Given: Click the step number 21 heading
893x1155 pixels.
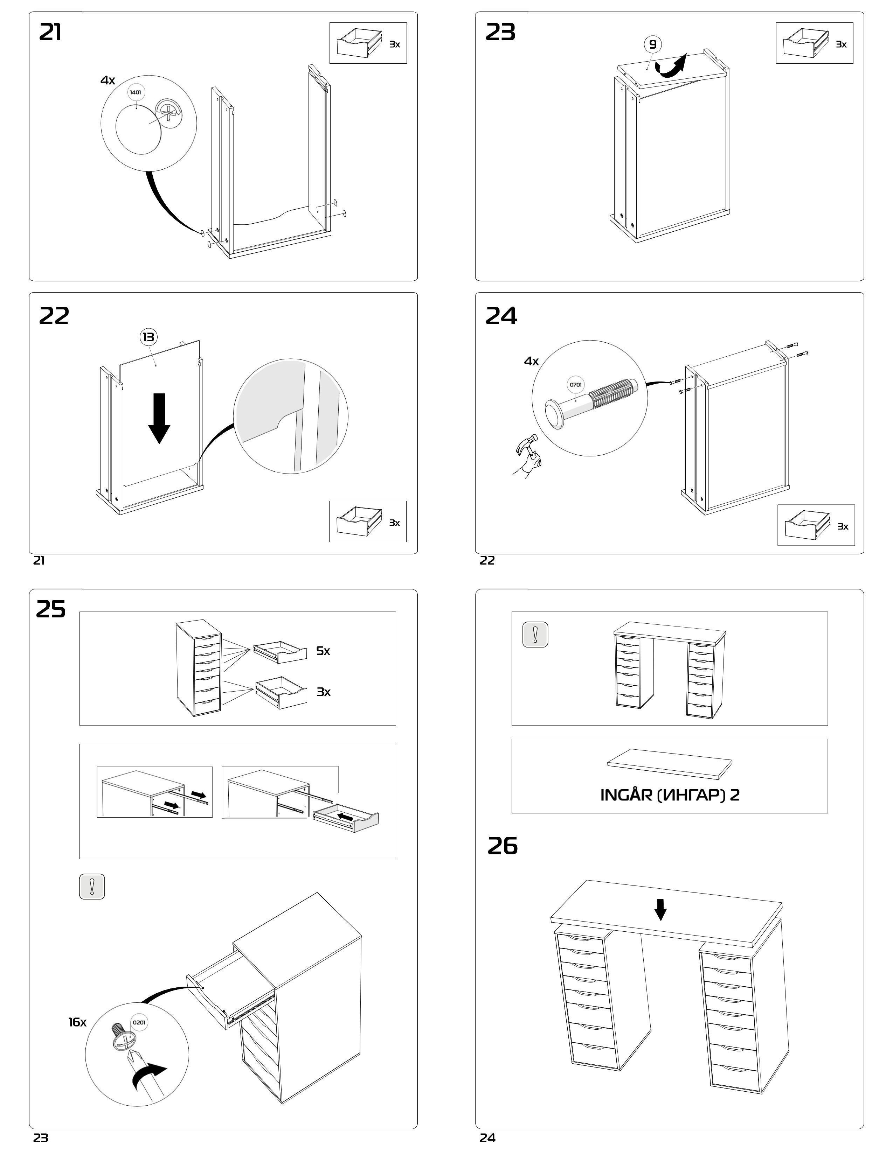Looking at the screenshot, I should coord(50,33).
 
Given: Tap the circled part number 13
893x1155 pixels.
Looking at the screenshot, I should coord(148,337).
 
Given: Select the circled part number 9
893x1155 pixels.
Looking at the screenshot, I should coord(653,44).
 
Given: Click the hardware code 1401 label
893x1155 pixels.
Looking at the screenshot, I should coord(136,92).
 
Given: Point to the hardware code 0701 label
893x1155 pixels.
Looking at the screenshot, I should coord(576,384).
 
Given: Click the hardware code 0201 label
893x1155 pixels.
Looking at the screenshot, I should coord(139,1022).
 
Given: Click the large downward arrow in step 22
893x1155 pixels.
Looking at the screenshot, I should coord(159,418).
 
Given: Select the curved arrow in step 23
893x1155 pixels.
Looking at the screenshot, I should coord(670,66).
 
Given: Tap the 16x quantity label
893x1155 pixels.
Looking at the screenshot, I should coord(77,1022).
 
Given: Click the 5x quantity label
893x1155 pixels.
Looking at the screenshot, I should coord(323,651).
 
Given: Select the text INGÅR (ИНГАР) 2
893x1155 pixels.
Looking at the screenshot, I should coord(670,795).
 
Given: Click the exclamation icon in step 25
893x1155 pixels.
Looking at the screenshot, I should coord(92,886).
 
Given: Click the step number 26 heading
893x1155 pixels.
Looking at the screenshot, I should coord(502,846).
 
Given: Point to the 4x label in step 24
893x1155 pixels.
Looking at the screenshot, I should coord(531,361).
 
